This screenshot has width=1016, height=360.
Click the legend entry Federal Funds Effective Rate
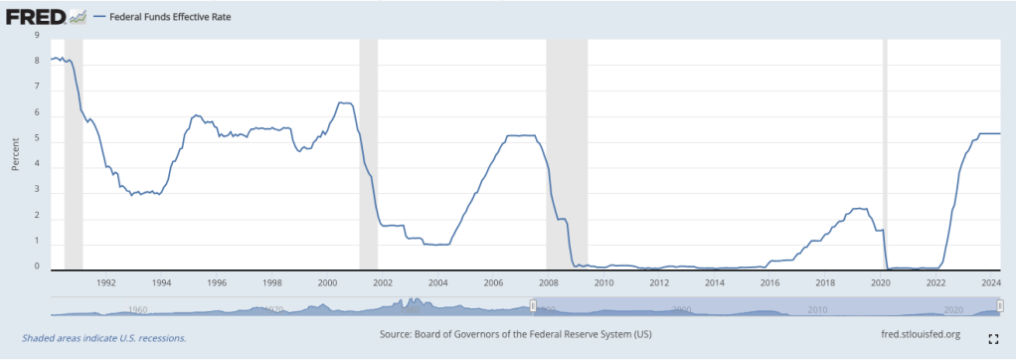pos(164,17)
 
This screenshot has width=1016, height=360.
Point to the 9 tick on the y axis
pos(38,35)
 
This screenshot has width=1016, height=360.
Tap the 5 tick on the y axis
pos(38,138)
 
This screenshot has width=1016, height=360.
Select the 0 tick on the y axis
pos(38,268)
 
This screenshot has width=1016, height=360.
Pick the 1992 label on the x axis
pos(106,282)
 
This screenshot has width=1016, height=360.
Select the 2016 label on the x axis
pos(768,282)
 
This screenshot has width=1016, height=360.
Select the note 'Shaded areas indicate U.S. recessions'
pos(103,338)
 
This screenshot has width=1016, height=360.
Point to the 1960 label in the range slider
pos(138,309)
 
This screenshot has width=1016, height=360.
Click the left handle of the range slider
pos(533,306)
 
